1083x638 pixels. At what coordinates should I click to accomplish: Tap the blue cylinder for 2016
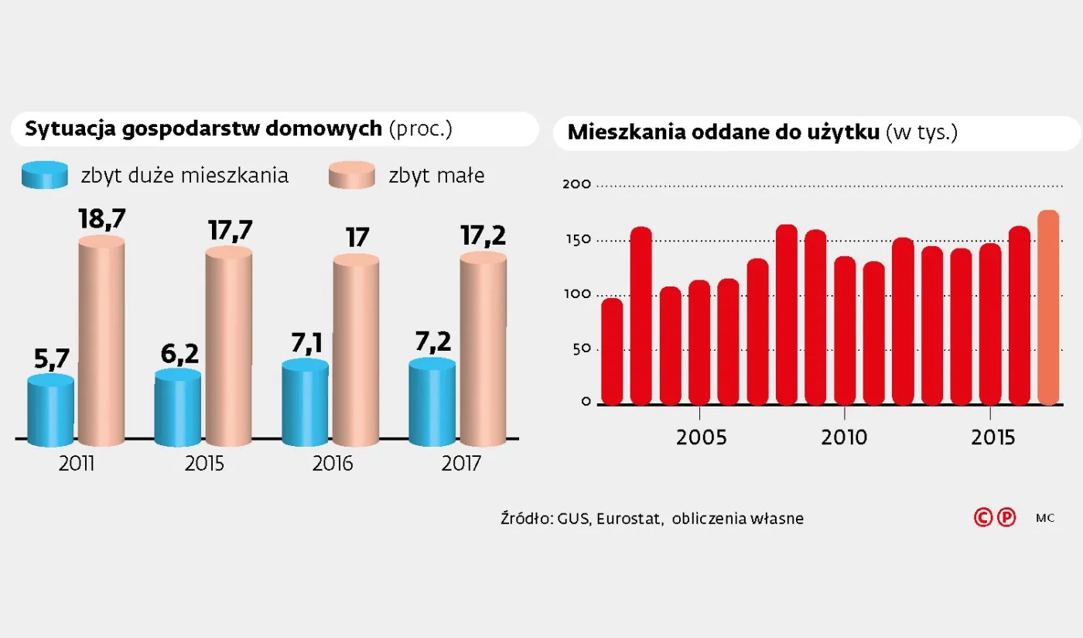pos(306,404)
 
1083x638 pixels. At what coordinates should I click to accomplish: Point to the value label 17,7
pos(230,230)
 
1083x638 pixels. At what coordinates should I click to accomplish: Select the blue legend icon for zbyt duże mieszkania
pos(45,176)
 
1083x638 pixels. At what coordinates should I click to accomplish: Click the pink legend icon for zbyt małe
pos(352,176)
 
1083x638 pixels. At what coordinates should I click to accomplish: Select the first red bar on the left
pos(612,352)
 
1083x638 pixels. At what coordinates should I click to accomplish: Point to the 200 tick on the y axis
pos(581,184)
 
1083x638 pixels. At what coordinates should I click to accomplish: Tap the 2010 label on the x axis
pos(844,437)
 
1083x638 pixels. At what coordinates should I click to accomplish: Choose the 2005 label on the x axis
pos(701,437)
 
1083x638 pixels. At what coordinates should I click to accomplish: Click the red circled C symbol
pos(983,518)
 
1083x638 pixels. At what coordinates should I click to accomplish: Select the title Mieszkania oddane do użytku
pos(724,132)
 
